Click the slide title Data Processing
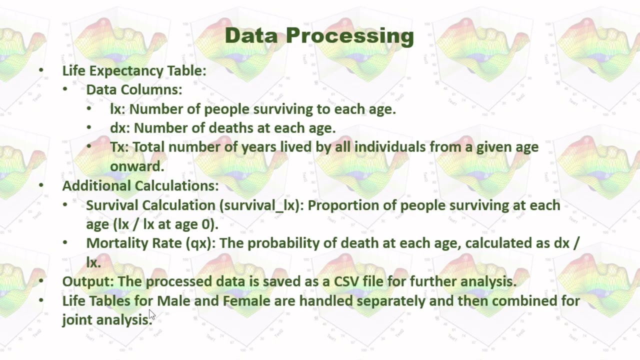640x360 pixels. (319, 35)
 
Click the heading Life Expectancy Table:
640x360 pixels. (134, 70)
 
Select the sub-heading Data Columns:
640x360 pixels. (134, 89)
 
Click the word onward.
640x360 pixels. (136, 166)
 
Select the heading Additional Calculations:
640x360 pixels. (140, 185)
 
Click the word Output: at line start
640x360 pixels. (88, 281)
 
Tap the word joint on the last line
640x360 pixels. (77, 320)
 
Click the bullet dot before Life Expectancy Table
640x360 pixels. (41, 70)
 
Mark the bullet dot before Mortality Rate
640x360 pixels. (65, 243)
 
